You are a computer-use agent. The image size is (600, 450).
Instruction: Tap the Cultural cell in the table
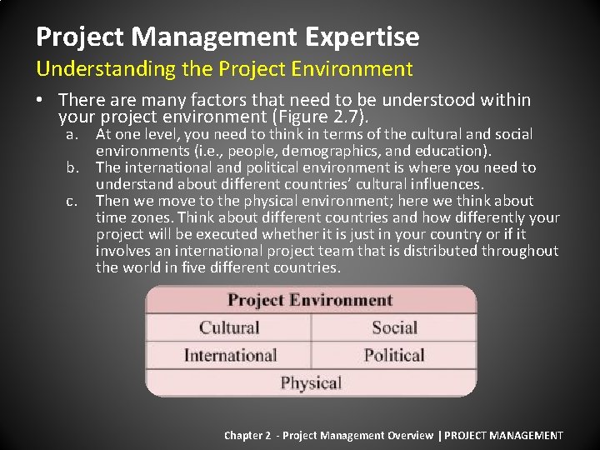tap(229, 327)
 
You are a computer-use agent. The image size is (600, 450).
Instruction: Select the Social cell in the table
tap(394, 327)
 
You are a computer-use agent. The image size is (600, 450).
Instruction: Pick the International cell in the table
tap(229, 355)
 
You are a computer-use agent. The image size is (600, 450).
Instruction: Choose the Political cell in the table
tap(394, 355)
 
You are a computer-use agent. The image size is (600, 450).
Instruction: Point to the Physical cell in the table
tap(311, 382)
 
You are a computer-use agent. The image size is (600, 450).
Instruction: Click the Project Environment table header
tap(310, 300)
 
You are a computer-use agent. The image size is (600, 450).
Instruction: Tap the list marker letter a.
tap(74, 134)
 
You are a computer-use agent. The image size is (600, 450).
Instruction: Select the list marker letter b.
tap(74, 167)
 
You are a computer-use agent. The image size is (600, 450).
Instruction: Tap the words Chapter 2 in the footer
tap(247, 435)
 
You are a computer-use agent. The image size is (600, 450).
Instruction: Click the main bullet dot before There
tap(40, 101)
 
